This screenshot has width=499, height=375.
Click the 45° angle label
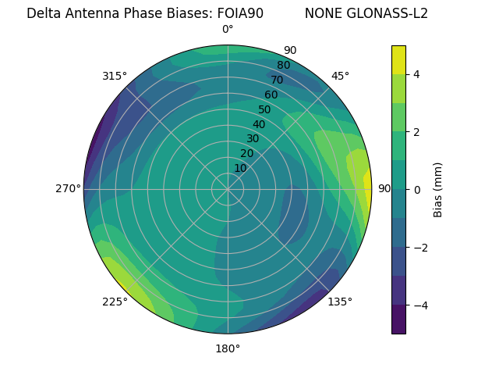[340, 76]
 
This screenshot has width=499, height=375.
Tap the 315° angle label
[115, 76]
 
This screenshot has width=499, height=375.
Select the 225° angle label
[115, 302]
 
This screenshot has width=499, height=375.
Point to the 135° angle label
[340, 302]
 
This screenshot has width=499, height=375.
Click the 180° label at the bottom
[228, 348]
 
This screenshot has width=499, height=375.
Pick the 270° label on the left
[69, 188]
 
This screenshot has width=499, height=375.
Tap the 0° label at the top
[228, 30]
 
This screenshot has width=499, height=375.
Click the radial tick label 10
[240, 168]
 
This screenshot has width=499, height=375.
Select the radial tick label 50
[264, 109]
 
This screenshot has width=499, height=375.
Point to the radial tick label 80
[283, 65]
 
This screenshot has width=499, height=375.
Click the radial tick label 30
[253, 139]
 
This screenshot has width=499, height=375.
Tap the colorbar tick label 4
[417, 74]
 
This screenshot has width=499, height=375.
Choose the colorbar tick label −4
[420, 305]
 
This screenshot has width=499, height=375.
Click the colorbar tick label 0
[417, 190]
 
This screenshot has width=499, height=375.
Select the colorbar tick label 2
[417, 132]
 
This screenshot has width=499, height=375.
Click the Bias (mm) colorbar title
[438, 190]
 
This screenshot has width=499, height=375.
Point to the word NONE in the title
[322, 13]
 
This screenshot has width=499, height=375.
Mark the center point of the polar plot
[228, 189]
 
